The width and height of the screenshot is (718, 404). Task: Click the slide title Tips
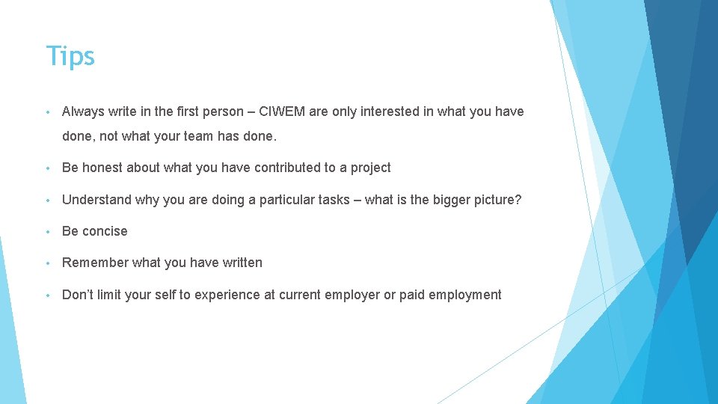(x=70, y=56)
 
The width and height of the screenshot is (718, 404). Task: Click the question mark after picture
(x=518, y=200)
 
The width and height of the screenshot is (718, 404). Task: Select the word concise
(x=105, y=231)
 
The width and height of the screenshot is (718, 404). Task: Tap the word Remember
(x=95, y=263)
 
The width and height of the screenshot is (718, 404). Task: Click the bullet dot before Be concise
(x=49, y=232)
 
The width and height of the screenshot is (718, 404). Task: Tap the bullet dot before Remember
(x=49, y=263)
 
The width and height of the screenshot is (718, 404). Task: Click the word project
(x=370, y=168)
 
